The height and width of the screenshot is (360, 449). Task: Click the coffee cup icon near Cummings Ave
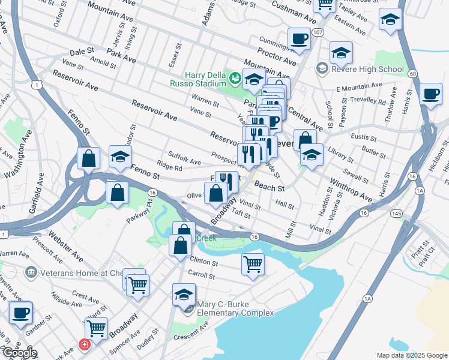tap(298, 40)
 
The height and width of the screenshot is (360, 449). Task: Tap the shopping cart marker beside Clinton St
tap(253, 263)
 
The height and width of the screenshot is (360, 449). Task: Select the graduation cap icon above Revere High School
tap(341, 53)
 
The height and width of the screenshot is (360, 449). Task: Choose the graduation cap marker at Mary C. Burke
tap(184, 295)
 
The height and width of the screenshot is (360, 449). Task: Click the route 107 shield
tap(318, 32)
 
